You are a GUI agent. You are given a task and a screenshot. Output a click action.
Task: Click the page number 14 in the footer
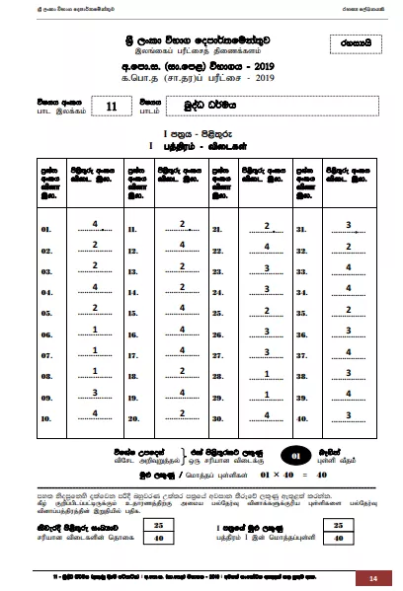pyautogui.click(x=373, y=577)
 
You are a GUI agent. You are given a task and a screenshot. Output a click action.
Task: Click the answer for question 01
pyautogui.click(x=95, y=225)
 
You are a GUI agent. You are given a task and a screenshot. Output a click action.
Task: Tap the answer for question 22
pyautogui.click(x=267, y=246)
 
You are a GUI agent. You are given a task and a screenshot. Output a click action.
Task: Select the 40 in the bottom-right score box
pyautogui.click(x=339, y=540)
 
